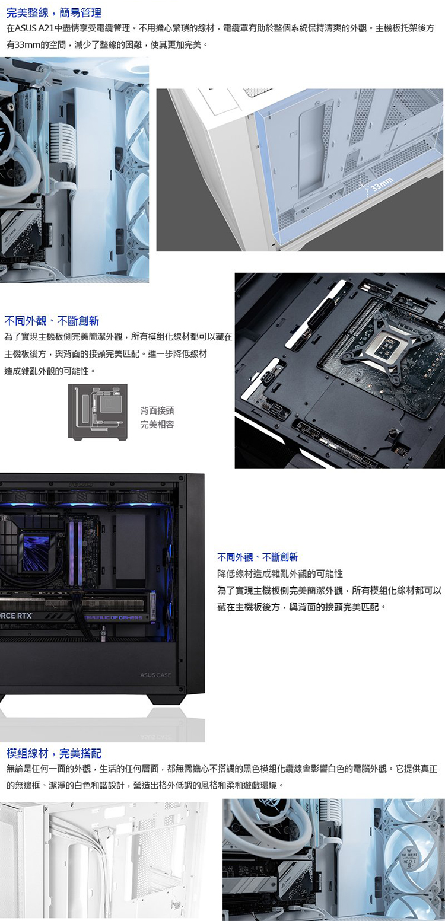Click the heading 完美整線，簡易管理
54,12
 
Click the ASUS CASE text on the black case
155,675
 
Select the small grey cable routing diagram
98,412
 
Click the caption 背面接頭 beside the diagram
157,410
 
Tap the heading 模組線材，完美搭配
54,753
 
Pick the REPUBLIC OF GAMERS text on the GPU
113,617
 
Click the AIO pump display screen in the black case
36,552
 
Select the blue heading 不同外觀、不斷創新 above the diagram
52,321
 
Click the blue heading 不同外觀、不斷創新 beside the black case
258,557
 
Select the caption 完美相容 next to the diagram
157,424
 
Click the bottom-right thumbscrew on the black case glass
180,689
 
